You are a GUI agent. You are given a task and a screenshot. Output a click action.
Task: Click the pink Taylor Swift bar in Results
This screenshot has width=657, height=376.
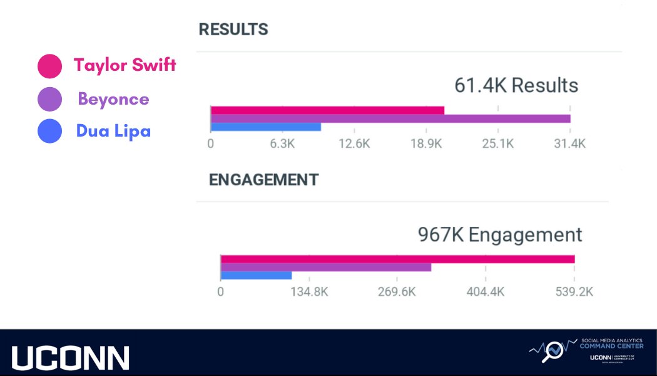tap(327, 110)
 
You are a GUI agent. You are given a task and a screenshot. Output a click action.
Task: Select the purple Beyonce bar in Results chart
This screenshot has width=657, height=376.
tap(390, 118)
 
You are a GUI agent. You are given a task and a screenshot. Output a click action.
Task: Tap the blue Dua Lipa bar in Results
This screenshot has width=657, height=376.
tap(266, 127)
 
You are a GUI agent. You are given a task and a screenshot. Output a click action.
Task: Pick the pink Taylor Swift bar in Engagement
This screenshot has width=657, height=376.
tap(397, 259)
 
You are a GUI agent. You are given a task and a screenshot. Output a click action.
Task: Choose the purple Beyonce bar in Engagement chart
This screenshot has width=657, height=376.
tap(326, 267)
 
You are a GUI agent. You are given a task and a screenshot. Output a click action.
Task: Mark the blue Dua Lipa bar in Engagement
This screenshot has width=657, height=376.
tap(257, 275)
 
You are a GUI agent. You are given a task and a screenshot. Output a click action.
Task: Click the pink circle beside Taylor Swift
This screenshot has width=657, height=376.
tap(49, 66)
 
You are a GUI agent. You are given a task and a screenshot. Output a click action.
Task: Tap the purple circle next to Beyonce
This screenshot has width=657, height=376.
tap(49, 99)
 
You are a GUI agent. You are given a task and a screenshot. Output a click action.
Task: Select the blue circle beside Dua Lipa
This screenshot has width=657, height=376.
tap(49, 132)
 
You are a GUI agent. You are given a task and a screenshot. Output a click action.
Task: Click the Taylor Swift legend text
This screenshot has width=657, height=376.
tap(125, 65)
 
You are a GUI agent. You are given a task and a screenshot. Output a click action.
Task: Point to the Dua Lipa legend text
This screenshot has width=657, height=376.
tap(113, 131)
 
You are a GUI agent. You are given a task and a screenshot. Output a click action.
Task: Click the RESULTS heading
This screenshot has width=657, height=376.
tap(233, 29)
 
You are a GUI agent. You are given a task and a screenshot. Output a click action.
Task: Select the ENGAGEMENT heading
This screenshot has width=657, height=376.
tap(263, 180)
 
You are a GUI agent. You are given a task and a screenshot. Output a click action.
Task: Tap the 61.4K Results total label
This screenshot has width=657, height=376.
tap(516, 85)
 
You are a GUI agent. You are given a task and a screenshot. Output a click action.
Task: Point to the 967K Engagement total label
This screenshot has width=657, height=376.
tap(500, 235)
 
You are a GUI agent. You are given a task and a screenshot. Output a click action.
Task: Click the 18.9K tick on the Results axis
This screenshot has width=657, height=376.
tap(425, 144)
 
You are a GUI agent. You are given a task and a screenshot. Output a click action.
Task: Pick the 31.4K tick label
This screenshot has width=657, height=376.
tap(569, 144)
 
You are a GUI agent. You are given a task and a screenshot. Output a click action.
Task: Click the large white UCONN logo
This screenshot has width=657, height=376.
tap(70, 358)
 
